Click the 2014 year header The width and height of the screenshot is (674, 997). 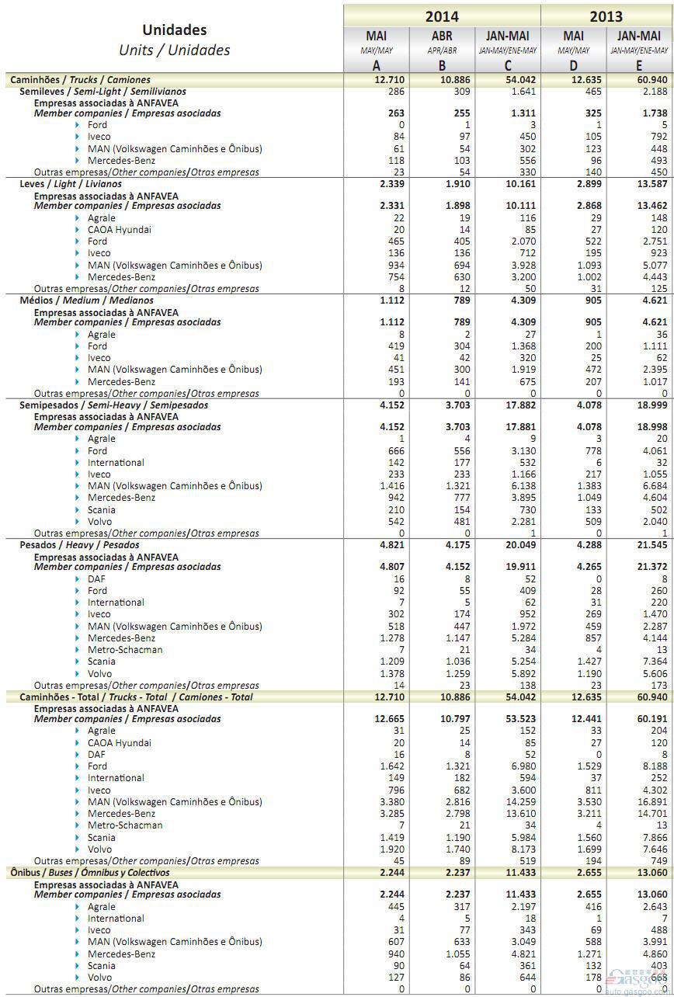441,16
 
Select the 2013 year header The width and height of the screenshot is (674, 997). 606,16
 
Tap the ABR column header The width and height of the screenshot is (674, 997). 442,36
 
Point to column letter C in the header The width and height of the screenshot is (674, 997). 508,65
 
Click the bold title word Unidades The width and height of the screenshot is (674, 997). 174,30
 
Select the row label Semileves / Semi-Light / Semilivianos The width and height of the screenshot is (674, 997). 102,91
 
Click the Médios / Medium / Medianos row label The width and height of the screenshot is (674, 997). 86,300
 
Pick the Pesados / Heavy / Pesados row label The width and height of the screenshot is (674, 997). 79,544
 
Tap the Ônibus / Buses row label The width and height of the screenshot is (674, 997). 89,872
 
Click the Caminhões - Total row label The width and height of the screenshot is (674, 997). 136,697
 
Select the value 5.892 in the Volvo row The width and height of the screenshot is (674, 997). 519,674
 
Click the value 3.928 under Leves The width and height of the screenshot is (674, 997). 519,265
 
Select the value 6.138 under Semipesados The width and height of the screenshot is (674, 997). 519,486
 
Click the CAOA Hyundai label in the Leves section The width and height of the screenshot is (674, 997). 119,230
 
